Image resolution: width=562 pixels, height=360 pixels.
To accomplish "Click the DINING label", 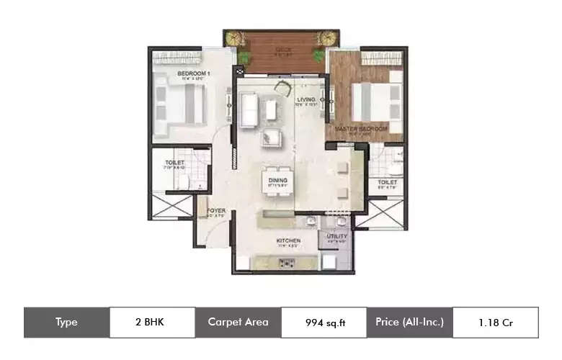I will point(277,180).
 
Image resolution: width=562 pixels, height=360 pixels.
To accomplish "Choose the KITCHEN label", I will point(287,240).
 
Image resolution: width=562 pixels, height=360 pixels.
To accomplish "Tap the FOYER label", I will point(216,211).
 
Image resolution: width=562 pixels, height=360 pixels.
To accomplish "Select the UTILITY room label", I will point(336,236).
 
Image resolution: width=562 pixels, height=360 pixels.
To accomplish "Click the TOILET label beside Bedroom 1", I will point(174,163).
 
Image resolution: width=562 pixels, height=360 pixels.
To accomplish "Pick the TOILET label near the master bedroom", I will point(388,183).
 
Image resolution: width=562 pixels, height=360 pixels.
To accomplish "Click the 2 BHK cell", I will point(152,322).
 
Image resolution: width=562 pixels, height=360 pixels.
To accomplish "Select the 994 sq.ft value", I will point(324,323).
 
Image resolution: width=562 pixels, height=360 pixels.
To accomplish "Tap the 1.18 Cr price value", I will point(496,323).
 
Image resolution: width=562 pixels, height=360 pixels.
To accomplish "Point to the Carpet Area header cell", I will point(238,322).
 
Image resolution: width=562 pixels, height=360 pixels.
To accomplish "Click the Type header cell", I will point(66,322).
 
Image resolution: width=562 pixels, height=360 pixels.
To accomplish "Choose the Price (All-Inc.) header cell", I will point(409,322).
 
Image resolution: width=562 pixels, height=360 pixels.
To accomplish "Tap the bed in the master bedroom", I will point(375,101).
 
